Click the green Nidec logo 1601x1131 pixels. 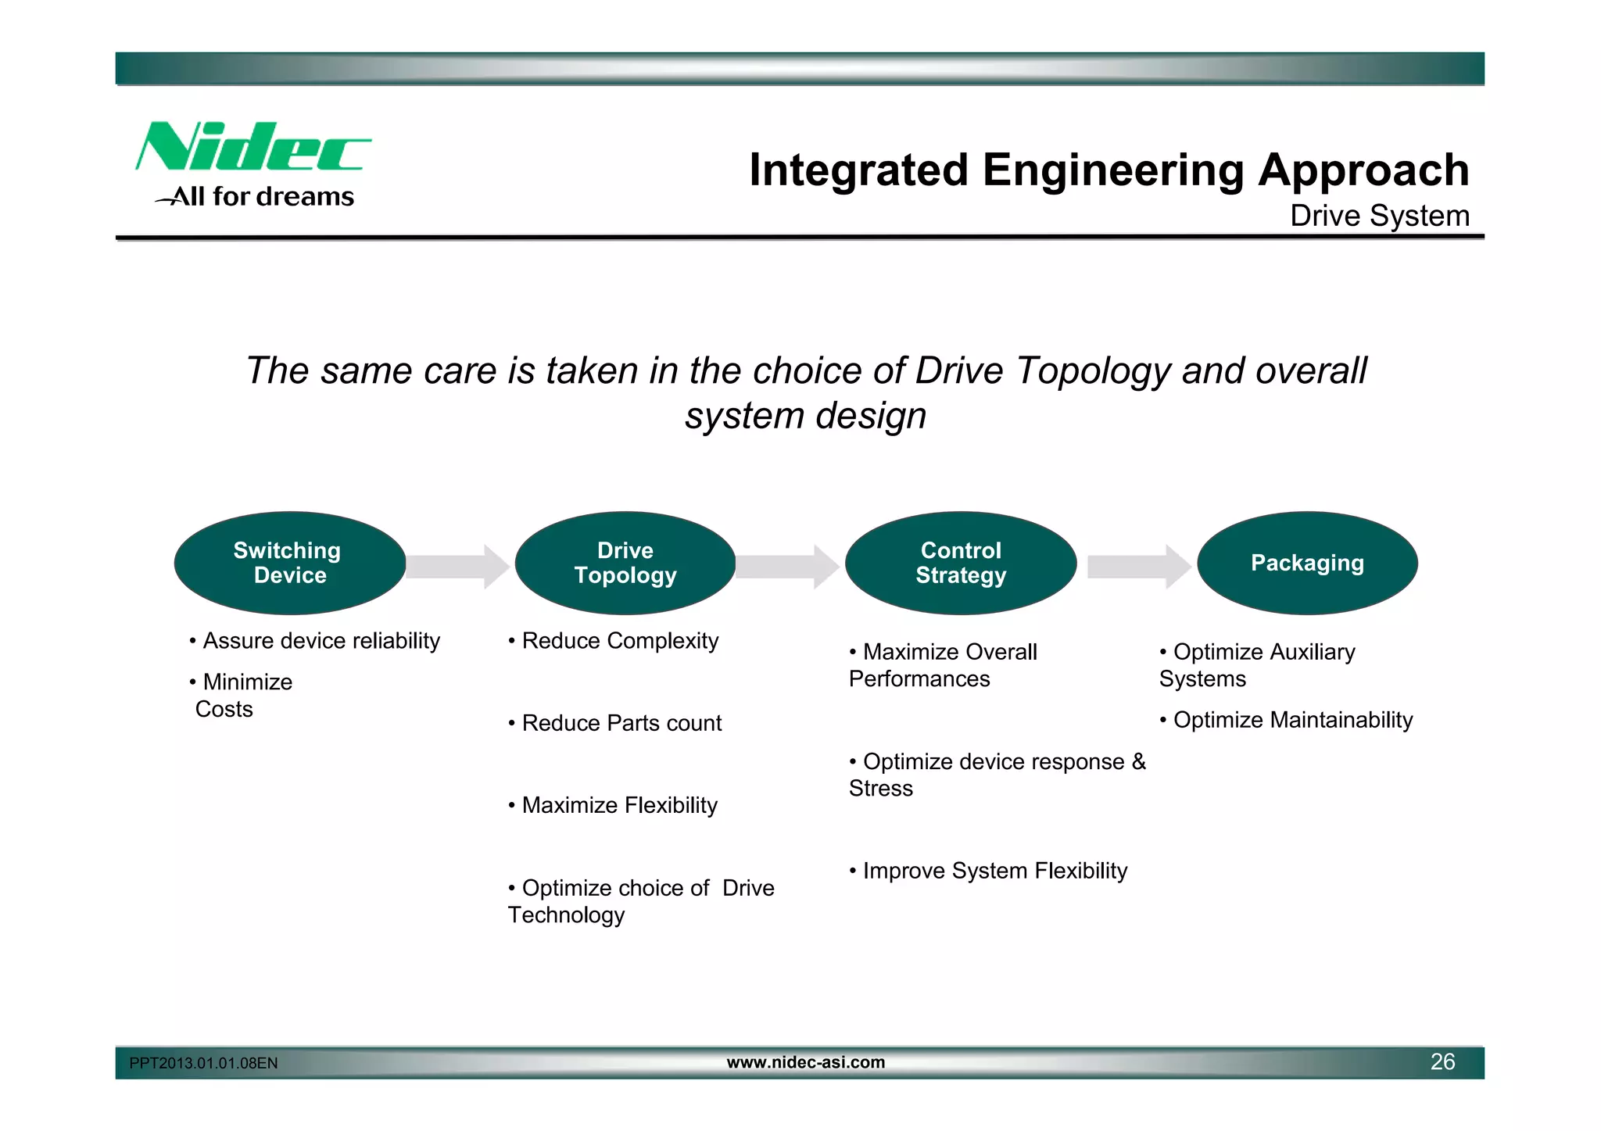(252, 147)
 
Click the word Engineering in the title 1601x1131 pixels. (1112, 170)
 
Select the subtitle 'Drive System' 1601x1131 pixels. (1379, 216)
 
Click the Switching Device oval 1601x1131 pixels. (289, 563)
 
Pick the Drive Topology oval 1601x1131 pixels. (625, 563)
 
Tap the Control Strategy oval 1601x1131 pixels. (961, 563)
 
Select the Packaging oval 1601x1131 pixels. (1307, 563)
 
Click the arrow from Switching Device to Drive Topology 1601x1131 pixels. (457, 566)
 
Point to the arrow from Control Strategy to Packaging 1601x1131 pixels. (1138, 566)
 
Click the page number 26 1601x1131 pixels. (1442, 1061)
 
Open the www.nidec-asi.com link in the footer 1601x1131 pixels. (805, 1062)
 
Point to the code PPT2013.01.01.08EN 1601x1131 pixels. (203, 1063)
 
